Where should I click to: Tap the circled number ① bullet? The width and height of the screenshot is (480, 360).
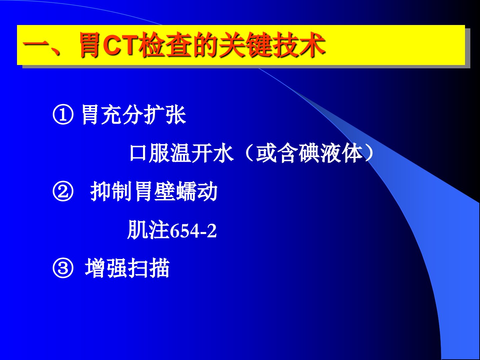click(x=63, y=115)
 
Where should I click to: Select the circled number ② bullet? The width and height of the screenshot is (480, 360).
click(x=63, y=191)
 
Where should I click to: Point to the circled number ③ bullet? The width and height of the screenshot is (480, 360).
click(x=63, y=268)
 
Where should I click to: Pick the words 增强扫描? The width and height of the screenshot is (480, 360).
click(x=127, y=268)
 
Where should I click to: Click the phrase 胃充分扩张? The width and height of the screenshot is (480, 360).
click(x=134, y=115)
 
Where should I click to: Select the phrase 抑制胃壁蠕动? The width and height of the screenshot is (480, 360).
click(x=154, y=191)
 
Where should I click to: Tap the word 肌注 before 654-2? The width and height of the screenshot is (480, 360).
click(x=149, y=230)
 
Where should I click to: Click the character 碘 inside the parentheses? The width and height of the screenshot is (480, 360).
click(x=309, y=153)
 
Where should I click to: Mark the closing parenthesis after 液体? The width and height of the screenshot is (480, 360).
click(x=370, y=153)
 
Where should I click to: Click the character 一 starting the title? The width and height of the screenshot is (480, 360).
click(x=35, y=46)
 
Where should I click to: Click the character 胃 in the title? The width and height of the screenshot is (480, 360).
click(x=89, y=45)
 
